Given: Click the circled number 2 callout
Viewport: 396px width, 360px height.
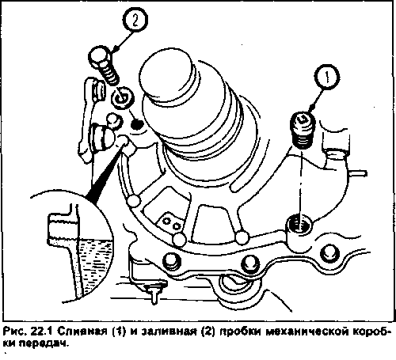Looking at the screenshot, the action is (x=135, y=21).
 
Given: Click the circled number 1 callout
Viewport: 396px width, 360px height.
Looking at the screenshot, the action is (x=327, y=78).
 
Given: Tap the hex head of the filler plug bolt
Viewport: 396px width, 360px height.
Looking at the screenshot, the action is (x=100, y=57).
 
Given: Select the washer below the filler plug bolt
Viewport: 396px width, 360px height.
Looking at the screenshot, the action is (x=123, y=97).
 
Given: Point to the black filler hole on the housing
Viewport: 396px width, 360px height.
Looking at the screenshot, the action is (x=136, y=124).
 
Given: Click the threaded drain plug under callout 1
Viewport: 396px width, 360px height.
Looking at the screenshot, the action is (x=303, y=131).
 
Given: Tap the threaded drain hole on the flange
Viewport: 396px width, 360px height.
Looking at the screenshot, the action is (x=299, y=224).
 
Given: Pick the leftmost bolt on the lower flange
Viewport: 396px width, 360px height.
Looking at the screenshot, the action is (x=172, y=263).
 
